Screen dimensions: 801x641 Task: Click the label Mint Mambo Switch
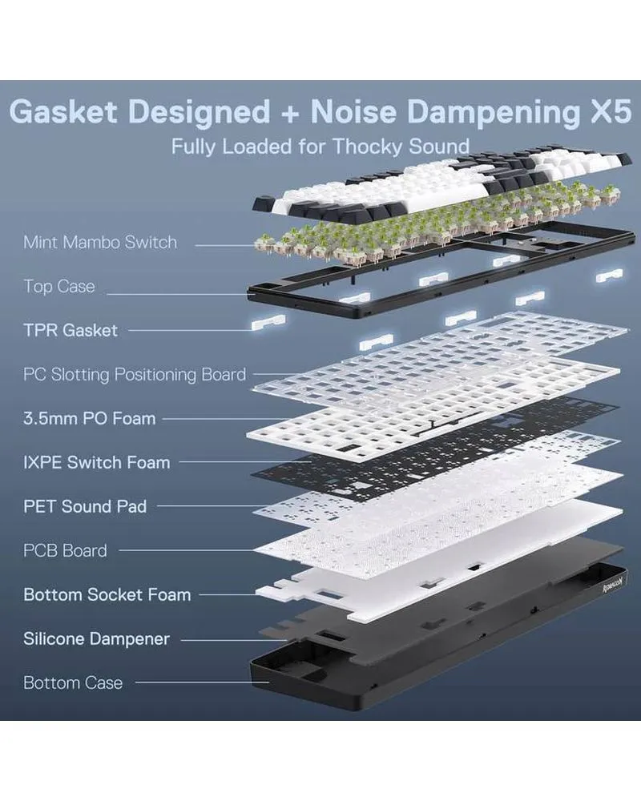pyautogui.click(x=100, y=242)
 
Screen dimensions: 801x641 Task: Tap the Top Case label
pyautogui.click(x=58, y=286)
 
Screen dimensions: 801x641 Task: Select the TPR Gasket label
pyautogui.click(x=71, y=330)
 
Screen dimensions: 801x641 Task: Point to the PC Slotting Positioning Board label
pyautogui.click(x=135, y=374)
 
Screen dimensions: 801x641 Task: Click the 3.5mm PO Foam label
pyautogui.click(x=89, y=418)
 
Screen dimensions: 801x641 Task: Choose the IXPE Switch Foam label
pyautogui.click(x=96, y=462)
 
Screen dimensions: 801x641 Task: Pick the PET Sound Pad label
pyautogui.click(x=85, y=506)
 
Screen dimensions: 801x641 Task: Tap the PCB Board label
pyautogui.click(x=65, y=550)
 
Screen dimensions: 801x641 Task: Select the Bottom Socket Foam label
pyautogui.click(x=107, y=594)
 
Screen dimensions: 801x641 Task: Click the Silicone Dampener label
pyautogui.click(x=96, y=638)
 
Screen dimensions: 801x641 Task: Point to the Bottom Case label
pyautogui.click(x=73, y=682)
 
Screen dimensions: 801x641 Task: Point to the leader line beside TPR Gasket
pyautogui.click(x=188, y=330)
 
